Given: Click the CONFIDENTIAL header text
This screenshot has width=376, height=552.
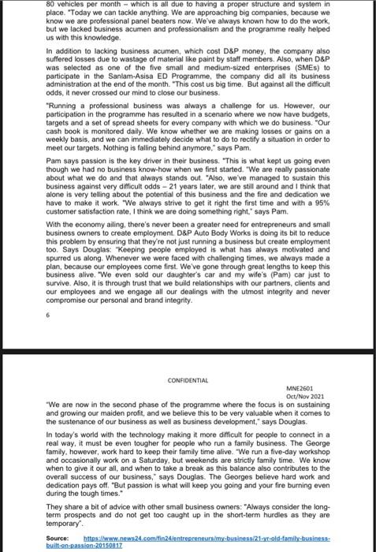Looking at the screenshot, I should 188,380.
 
